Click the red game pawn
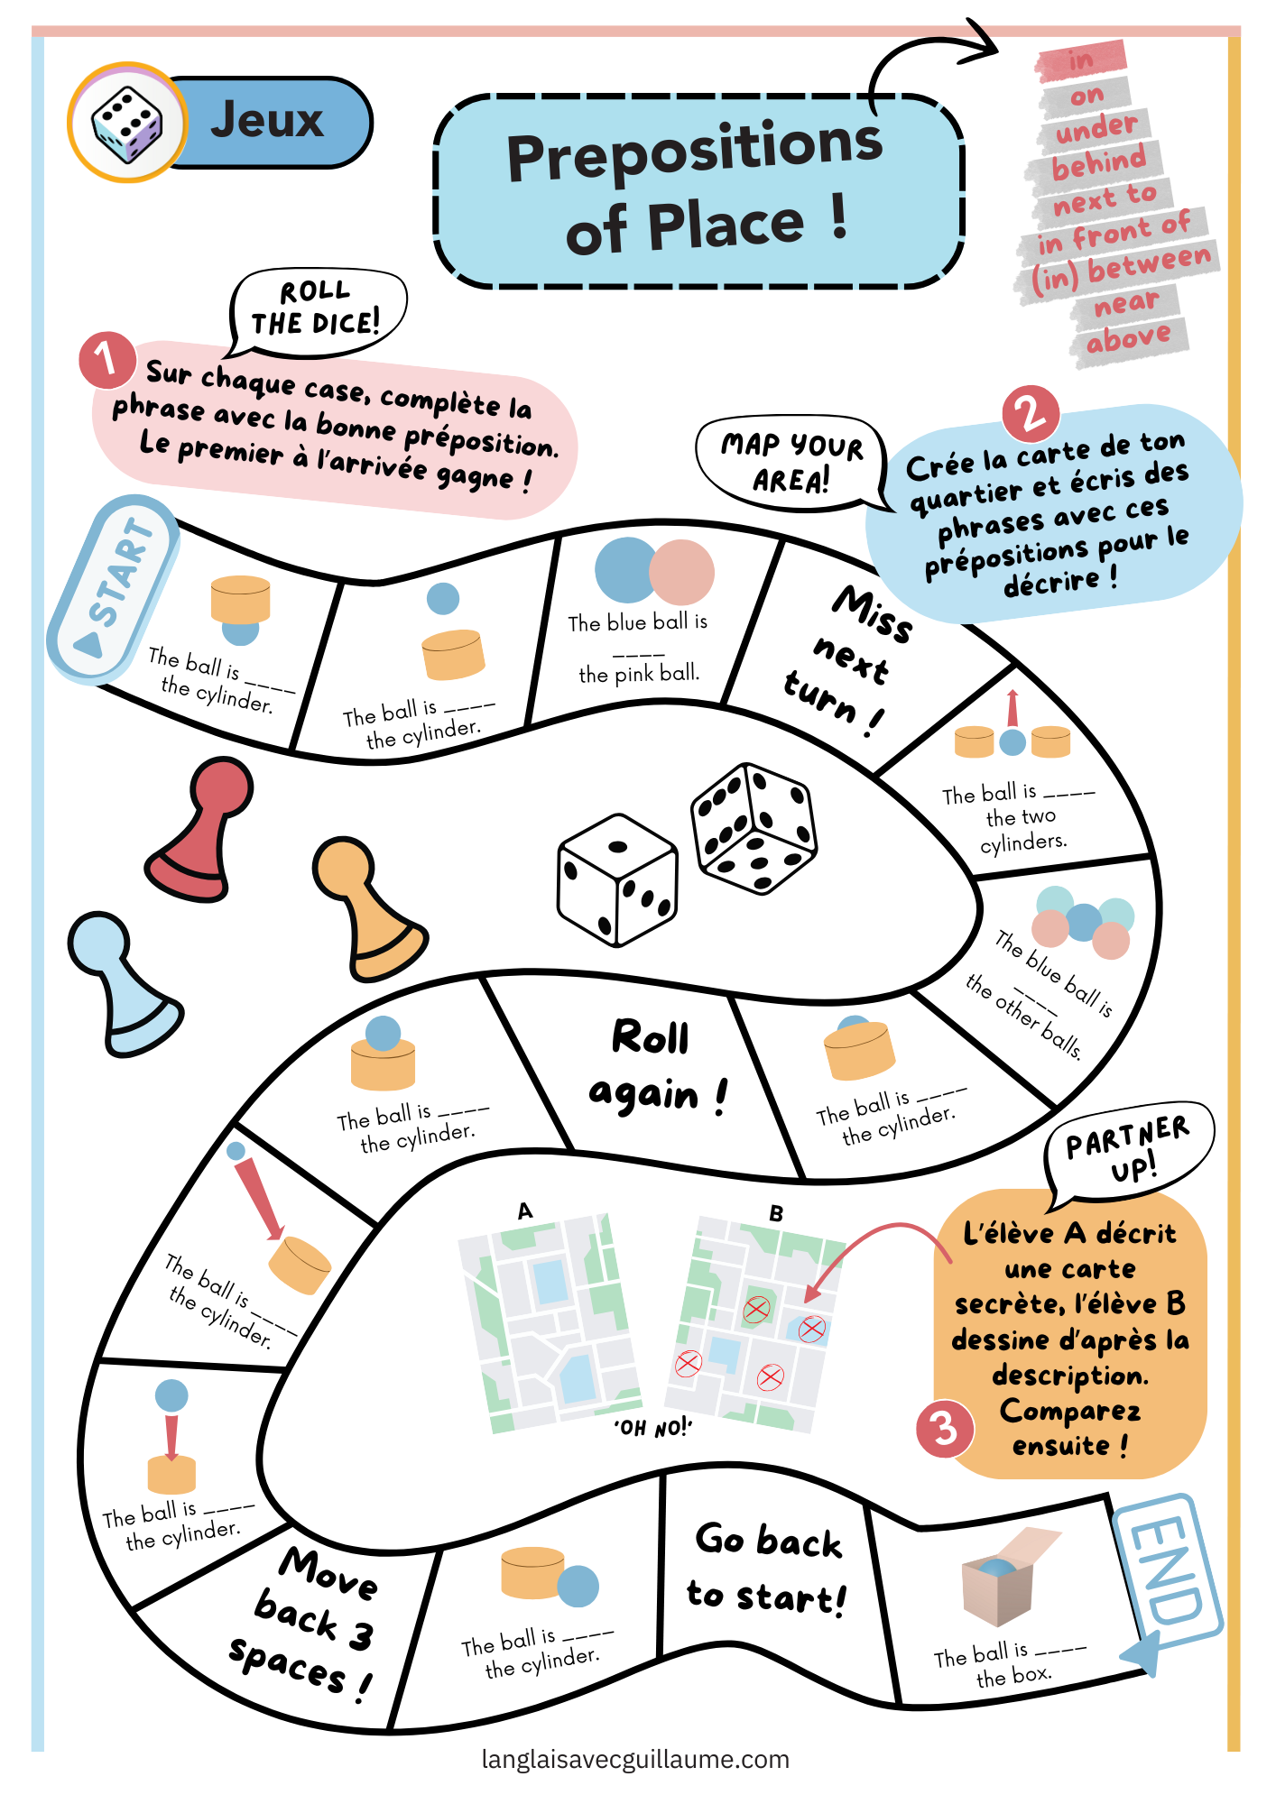(x=200, y=830)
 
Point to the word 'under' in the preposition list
(x=1096, y=128)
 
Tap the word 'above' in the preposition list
(x=1129, y=339)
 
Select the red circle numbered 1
(x=107, y=359)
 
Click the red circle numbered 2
(x=1031, y=414)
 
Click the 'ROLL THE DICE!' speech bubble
(x=318, y=309)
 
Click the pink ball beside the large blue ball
(x=681, y=572)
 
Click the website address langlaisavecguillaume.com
(x=635, y=1760)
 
